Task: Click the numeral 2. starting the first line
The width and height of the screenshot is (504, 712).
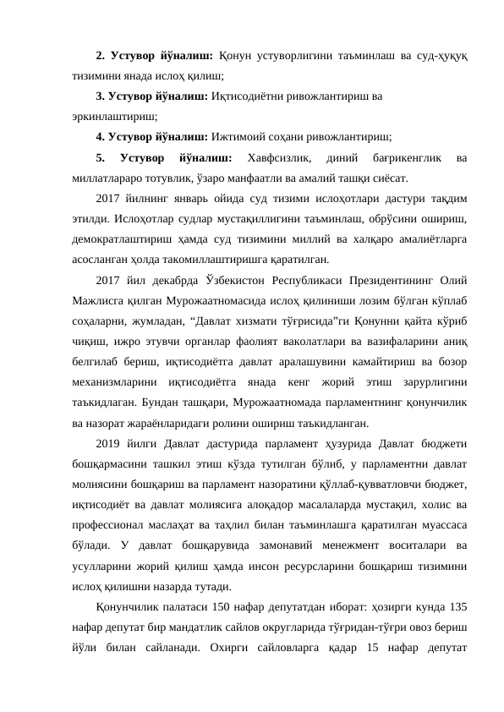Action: (x=101, y=57)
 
